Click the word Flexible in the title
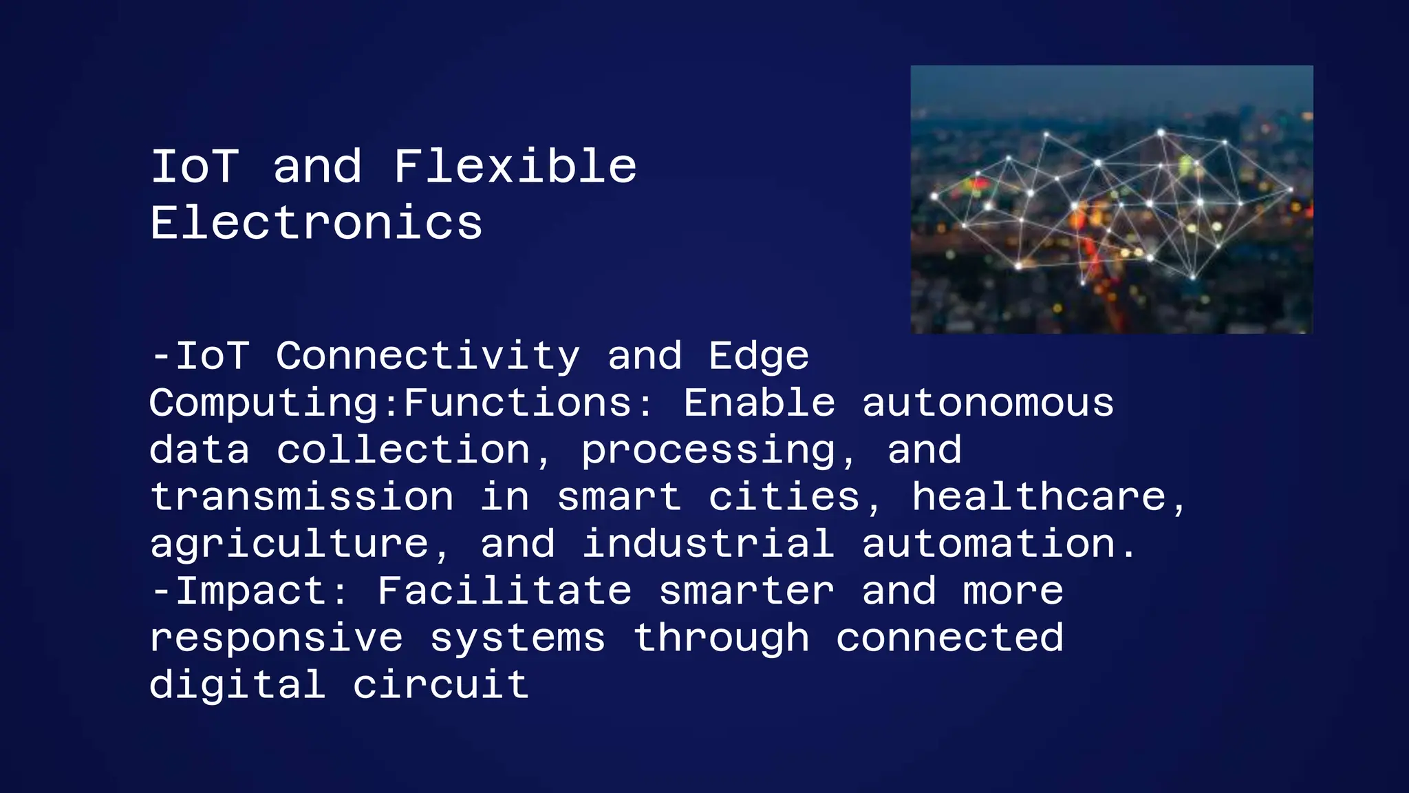(x=515, y=167)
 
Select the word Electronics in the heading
(x=316, y=223)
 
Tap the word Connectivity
(x=428, y=357)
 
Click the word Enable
(x=759, y=403)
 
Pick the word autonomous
(x=987, y=403)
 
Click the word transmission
(x=302, y=497)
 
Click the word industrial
(x=708, y=544)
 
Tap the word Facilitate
(x=504, y=591)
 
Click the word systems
(x=517, y=639)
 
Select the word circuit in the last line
(x=441, y=685)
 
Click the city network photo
(x=1112, y=200)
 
